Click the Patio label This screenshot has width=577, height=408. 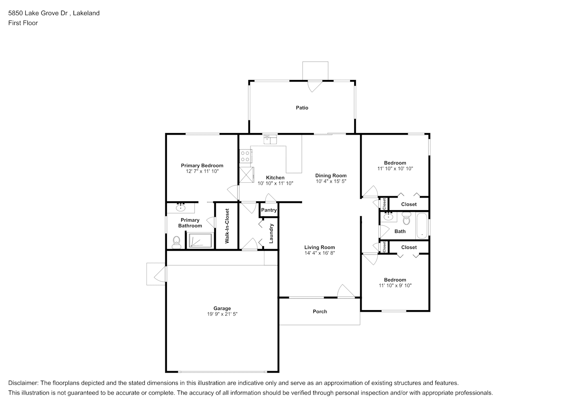point(302,108)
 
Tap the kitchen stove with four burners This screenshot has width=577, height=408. point(246,156)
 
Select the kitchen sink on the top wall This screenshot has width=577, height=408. point(270,140)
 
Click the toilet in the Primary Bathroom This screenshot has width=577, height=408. point(176,242)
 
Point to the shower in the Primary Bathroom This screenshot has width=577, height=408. point(200,240)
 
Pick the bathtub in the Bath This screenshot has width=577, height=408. point(422,226)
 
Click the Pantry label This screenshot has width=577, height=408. point(269,210)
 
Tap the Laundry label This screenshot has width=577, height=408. point(271,233)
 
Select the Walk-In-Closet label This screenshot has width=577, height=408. point(227,226)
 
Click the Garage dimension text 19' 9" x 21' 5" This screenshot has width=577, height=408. point(222,314)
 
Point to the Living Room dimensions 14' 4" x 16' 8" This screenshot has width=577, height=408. point(320,253)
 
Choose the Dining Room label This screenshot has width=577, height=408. point(331,175)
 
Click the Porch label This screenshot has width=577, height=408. point(320,311)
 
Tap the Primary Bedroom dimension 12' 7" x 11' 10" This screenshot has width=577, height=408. point(202,171)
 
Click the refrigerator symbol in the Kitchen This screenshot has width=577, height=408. point(246,175)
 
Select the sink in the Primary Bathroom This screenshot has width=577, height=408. point(181,207)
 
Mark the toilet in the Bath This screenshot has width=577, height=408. point(406,218)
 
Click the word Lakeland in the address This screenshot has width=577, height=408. point(86,13)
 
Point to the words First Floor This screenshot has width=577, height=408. point(23,23)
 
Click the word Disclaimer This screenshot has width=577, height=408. point(23,383)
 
